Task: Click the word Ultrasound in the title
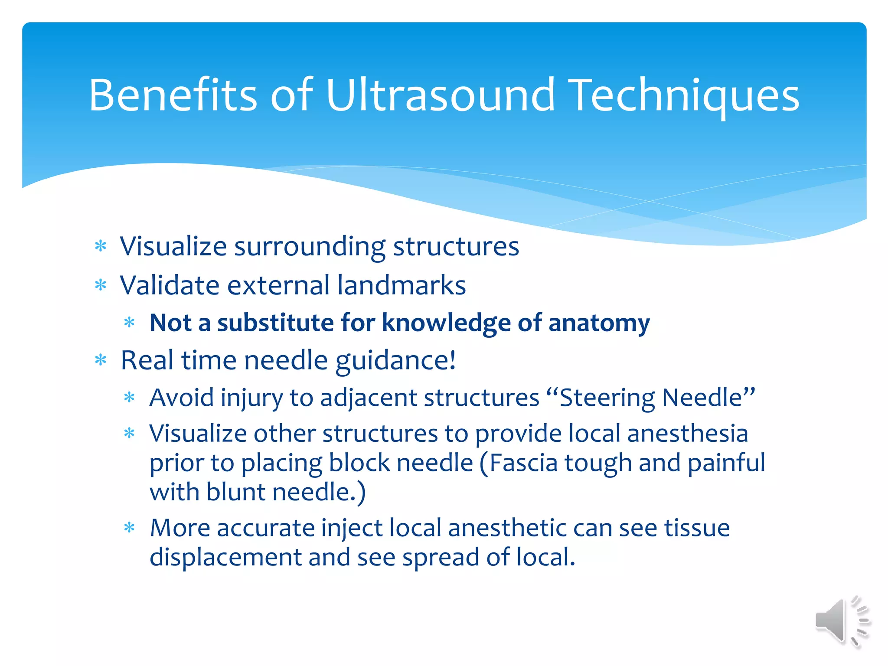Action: [x=440, y=95]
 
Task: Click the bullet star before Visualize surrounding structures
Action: [x=101, y=246]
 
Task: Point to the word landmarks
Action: [x=402, y=285]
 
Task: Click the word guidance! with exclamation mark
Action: [x=395, y=361]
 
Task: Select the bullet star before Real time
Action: [x=101, y=360]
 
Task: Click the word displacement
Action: [x=225, y=557]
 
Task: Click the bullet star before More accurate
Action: [x=129, y=528]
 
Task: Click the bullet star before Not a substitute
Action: [x=129, y=322]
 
